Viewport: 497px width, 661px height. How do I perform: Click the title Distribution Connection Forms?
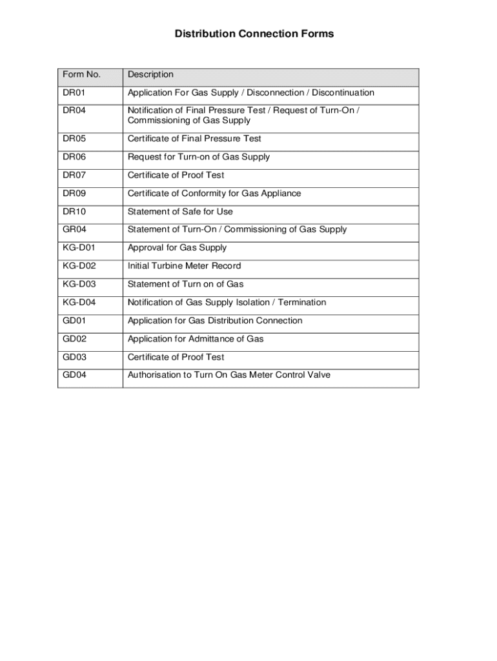click(254, 34)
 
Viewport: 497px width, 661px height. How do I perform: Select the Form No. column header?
click(81, 75)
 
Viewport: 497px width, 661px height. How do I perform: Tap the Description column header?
click(150, 75)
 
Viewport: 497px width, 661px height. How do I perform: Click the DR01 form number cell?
click(74, 93)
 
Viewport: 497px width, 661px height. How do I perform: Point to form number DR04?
click(74, 110)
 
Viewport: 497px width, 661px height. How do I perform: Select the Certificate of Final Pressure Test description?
click(194, 139)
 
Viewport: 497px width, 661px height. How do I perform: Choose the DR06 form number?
click(74, 157)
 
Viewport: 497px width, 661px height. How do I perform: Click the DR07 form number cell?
click(74, 175)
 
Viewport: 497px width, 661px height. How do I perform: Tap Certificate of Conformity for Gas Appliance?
click(214, 194)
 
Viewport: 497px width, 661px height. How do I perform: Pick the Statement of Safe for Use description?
click(180, 212)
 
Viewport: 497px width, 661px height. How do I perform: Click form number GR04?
click(74, 230)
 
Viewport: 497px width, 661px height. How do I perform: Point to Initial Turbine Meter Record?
click(185, 266)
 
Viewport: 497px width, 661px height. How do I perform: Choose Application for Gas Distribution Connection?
click(215, 321)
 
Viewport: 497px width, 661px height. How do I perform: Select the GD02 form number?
click(74, 339)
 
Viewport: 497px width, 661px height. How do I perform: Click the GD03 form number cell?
click(74, 357)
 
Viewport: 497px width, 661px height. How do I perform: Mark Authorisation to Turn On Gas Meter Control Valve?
click(229, 375)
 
